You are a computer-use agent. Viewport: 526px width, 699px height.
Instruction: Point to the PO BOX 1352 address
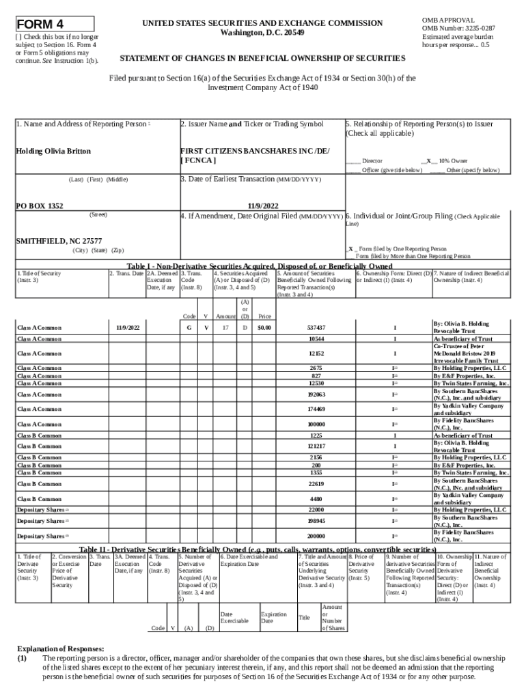pyautogui.click(x=40, y=205)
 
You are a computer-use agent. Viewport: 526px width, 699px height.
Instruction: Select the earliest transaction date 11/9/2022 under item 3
pyautogui.click(x=262, y=205)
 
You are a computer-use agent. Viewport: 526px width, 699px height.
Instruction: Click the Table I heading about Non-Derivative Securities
pyautogui.click(x=260, y=266)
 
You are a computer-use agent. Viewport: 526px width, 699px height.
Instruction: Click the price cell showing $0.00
pyautogui.click(x=264, y=328)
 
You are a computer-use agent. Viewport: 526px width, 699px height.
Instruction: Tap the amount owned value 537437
pyautogui.click(x=316, y=328)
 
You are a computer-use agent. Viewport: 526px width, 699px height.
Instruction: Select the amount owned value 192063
pyautogui.click(x=316, y=395)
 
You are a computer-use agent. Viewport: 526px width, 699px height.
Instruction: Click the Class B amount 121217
pyautogui.click(x=316, y=446)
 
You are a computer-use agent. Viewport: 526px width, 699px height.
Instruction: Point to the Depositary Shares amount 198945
pyautogui.click(x=316, y=521)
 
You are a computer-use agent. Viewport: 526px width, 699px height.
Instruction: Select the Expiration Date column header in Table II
pyautogui.click(x=273, y=618)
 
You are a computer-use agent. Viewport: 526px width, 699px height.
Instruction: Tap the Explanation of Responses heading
pyautogui.click(x=61, y=648)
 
